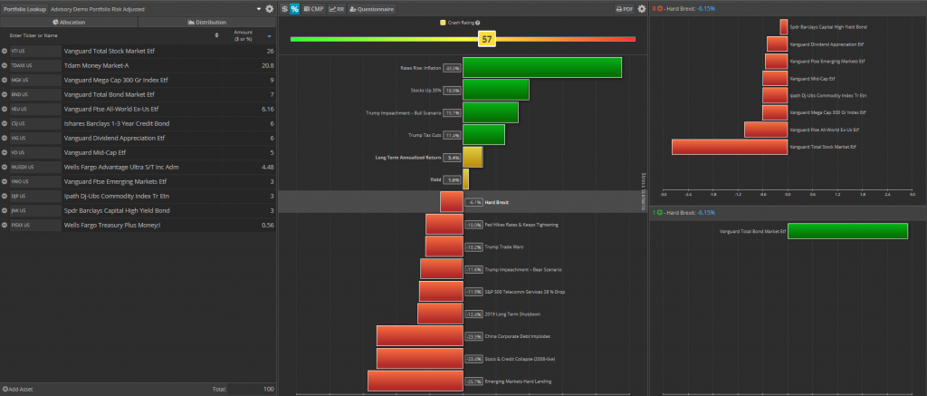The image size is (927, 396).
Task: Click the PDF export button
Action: (x=624, y=8)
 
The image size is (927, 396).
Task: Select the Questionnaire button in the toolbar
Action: (x=372, y=8)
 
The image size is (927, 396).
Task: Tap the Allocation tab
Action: (x=69, y=21)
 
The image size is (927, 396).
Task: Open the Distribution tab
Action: (x=207, y=21)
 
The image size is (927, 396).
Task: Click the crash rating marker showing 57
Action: (x=487, y=39)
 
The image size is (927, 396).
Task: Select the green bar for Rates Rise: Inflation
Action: (x=542, y=68)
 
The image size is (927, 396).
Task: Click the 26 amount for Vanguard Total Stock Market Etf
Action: (x=270, y=52)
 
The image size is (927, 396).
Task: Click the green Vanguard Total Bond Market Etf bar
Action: (x=847, y=232)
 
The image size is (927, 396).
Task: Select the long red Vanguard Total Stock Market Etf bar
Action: (x=730, y=146)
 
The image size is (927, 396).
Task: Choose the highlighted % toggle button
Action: (x=294, y=8)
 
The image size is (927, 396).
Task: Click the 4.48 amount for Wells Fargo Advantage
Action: (x=267, y=167)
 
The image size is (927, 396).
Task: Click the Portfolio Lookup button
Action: (x=24, y=8)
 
